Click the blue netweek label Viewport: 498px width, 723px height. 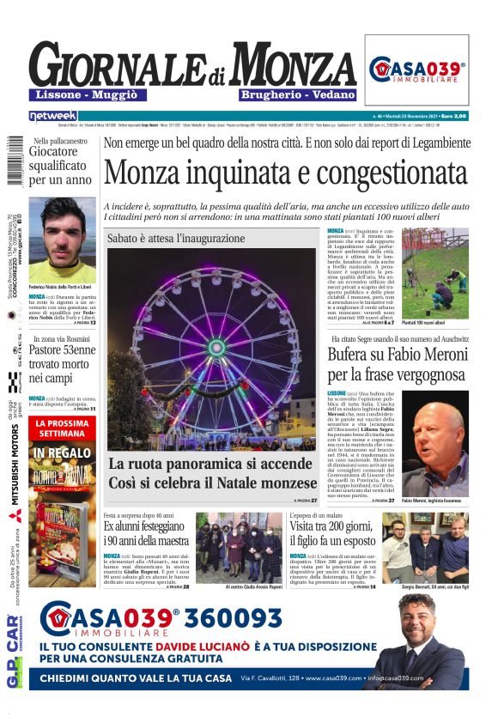pos(52,115)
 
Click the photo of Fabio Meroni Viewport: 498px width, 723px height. pos(435,447)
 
